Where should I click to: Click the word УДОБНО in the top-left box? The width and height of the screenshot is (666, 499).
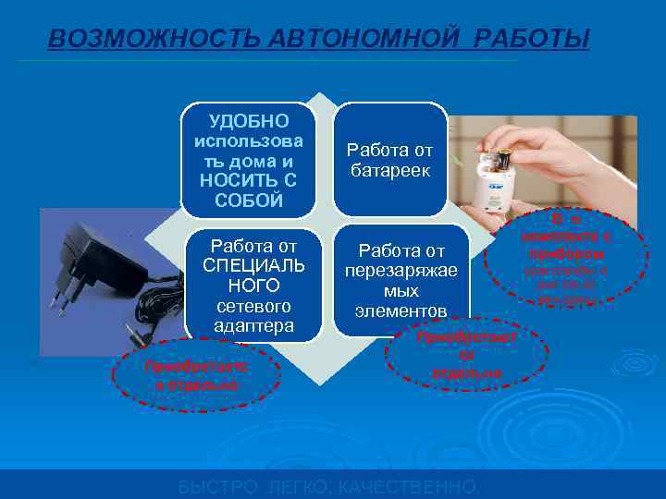point(249,121)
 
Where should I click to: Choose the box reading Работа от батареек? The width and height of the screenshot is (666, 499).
point(389,160)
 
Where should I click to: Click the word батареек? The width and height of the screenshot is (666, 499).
point(389,171)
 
